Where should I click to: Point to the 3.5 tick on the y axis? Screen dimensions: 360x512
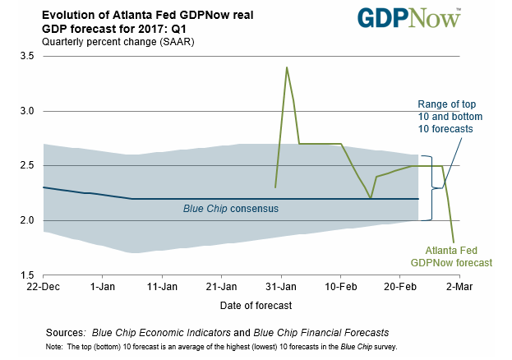tap(27, 56)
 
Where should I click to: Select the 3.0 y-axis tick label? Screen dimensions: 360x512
tap(27, 111)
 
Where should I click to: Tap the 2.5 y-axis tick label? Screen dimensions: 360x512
tap(27, 165)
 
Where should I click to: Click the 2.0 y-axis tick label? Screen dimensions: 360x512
tap(27, 220)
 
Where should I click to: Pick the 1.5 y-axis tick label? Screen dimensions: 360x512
tap(27, 275)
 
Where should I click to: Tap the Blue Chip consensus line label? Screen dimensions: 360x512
tap(230, 209)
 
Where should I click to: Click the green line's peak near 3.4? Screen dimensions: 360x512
tap(286, 67)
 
